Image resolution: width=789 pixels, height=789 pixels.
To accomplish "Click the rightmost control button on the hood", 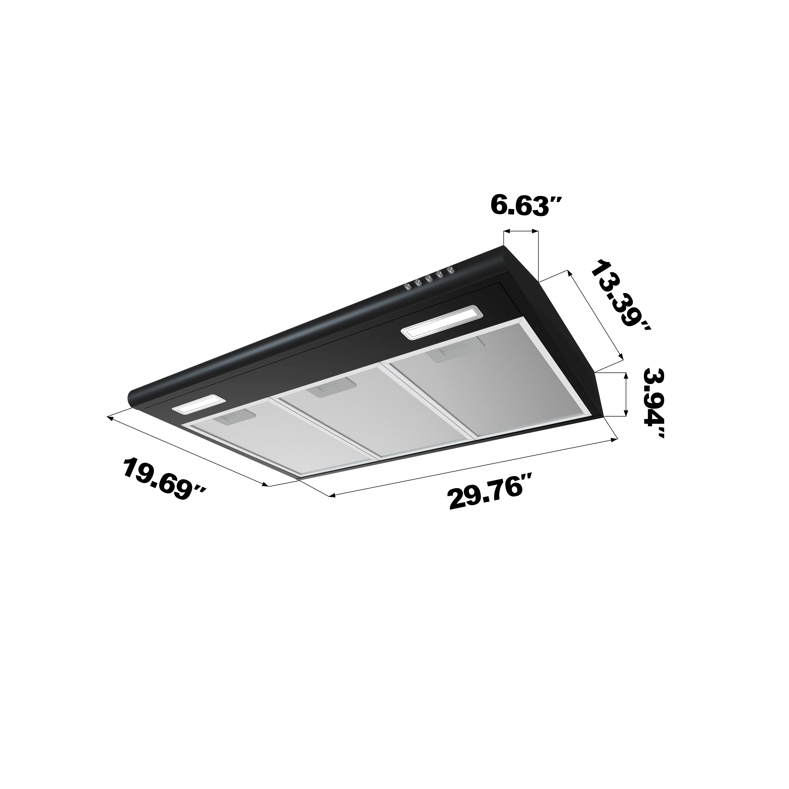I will point(451,270).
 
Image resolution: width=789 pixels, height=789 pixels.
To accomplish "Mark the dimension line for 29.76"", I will point(474,468).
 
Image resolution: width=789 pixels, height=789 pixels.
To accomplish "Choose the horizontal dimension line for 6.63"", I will point(521,232).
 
